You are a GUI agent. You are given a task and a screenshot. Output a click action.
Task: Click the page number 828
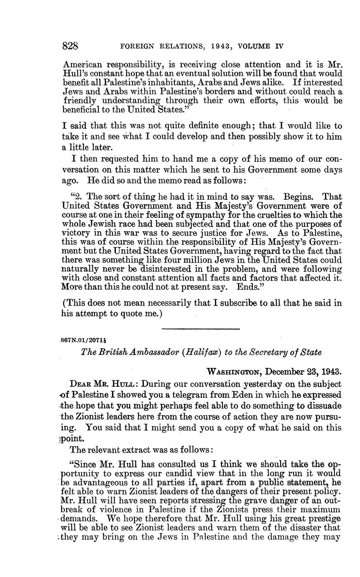[x=70, y=46]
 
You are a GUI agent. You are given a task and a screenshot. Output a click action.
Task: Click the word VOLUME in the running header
[x=253, y=46]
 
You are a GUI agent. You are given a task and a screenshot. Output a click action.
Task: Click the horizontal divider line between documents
[x=200, y=329]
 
